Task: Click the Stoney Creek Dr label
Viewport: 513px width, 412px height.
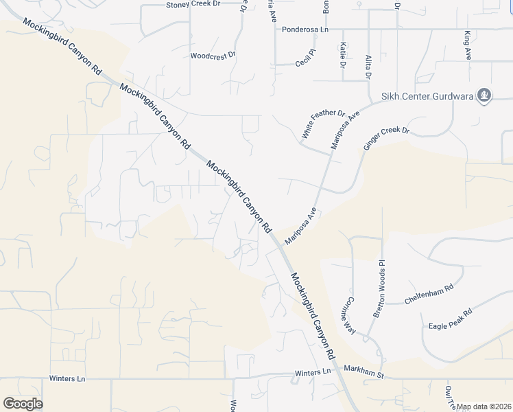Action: (193, 4)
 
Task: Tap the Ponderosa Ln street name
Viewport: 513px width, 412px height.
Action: (305, 30)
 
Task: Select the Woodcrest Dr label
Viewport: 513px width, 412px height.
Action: (213, 55)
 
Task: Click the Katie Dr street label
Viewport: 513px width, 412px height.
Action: (342, 55)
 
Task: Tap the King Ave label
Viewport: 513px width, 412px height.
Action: (467, 46)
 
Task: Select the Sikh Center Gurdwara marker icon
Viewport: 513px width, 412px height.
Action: (484, 95)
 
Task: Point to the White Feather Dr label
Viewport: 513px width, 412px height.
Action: (322, 122)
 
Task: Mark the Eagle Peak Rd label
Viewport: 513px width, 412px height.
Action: (450, 321)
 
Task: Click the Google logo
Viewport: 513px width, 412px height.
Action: (23, 404)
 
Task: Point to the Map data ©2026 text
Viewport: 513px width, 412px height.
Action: (484, 407)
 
